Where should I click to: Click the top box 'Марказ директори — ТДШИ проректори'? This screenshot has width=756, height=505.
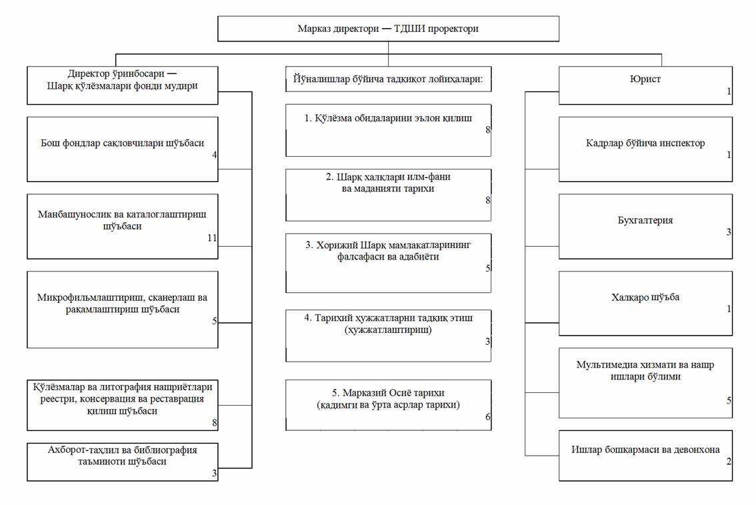[388, 29]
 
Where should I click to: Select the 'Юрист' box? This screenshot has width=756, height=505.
[645, 85]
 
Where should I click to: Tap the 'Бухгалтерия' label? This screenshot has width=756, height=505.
[645, 220]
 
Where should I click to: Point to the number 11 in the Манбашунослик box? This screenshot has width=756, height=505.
[212, 237]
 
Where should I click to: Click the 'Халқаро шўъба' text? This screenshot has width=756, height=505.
[645, 297]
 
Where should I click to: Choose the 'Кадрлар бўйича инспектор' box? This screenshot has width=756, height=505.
[645, 149]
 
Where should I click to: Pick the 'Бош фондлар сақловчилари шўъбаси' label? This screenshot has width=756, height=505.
[122, 143]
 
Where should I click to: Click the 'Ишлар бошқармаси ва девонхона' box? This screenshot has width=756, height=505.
[645, 456]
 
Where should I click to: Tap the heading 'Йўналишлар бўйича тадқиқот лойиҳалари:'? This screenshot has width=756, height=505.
[388, 79]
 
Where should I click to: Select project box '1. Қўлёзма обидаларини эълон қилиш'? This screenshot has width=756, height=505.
[388, 130]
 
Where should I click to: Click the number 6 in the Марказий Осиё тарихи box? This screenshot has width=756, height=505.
[487, 417]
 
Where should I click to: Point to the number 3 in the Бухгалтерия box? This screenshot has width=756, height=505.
[729, 232]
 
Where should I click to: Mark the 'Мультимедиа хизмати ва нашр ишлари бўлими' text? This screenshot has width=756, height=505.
[645, 370]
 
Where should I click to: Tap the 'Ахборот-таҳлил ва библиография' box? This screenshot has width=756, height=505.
[123, 462]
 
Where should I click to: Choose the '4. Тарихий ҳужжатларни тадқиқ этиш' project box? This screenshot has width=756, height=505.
[388, 336]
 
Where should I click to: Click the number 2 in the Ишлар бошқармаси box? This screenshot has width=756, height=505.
[729, 462]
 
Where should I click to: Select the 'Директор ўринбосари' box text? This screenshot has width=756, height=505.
[122, 79]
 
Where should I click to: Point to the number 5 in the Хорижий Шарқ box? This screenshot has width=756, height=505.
[487, 268]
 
